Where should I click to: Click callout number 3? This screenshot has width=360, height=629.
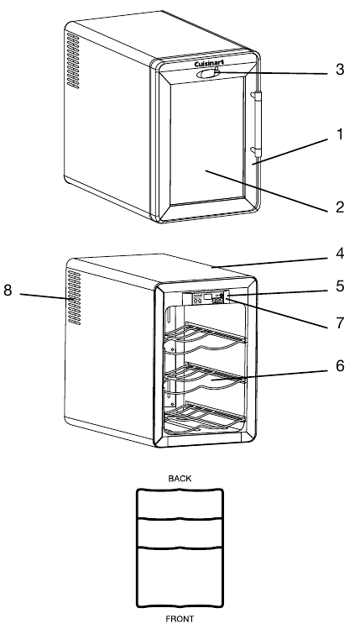340,70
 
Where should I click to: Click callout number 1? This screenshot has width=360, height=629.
340,134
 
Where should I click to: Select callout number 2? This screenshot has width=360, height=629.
340,207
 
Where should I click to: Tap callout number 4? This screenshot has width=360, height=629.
340,254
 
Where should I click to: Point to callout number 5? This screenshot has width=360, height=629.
340,286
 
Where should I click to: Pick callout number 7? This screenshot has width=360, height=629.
340,322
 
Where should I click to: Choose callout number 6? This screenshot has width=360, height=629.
340,366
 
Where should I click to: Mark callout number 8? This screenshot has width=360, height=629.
8,290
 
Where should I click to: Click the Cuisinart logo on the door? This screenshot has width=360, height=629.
209,64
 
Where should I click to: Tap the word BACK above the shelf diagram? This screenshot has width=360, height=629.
180,479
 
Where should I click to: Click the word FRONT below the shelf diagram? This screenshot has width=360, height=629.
180,619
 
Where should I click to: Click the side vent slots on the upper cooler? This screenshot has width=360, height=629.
73,60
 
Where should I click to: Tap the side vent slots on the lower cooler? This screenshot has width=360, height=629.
74,297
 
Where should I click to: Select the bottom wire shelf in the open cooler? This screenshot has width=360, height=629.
205,419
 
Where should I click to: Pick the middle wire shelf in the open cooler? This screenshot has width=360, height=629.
205,377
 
